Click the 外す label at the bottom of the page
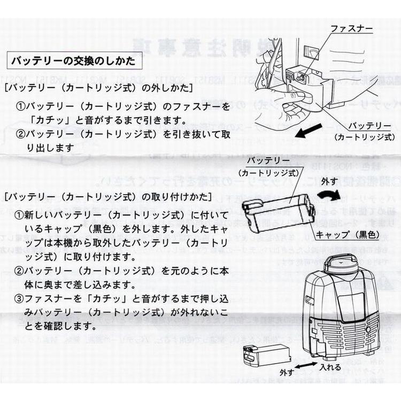coord(288,371)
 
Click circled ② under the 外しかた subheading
coord(20,133)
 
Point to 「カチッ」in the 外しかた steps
coord(49,119)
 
